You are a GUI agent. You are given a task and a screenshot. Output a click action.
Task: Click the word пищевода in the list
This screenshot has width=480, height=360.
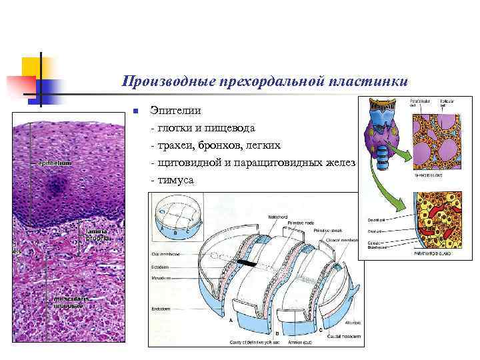230,127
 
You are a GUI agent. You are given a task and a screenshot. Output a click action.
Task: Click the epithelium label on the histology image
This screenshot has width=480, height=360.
55,163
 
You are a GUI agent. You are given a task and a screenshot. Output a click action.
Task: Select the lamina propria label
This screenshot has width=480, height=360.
95,233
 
